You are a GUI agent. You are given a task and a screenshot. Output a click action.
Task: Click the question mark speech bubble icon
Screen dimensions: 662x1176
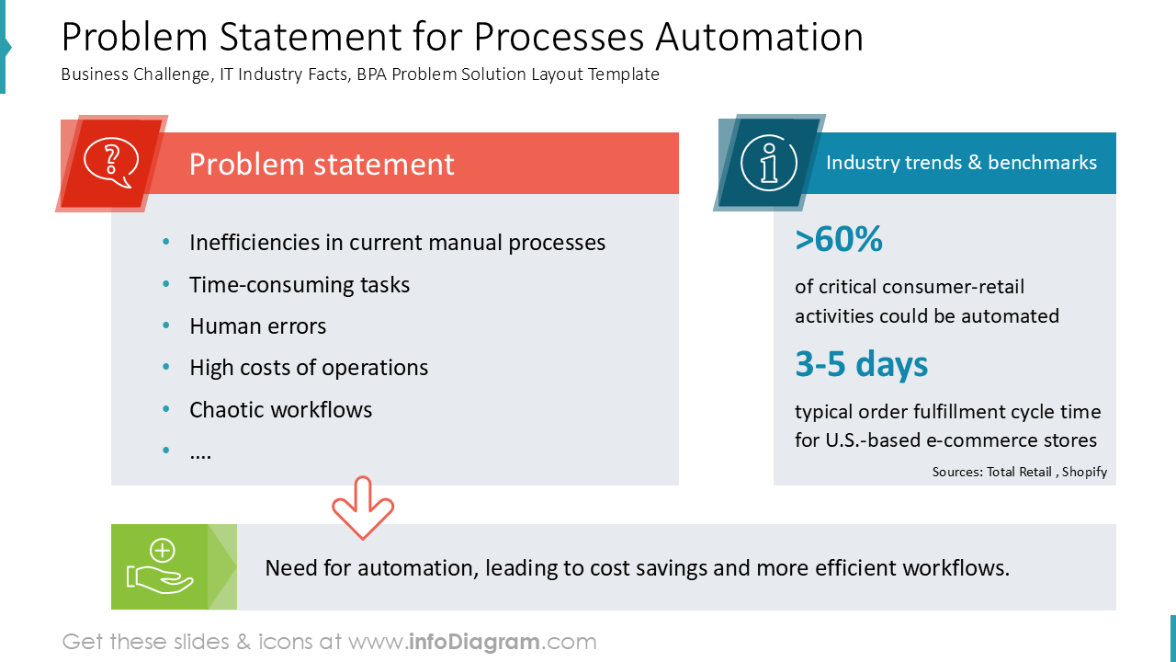(110, 164)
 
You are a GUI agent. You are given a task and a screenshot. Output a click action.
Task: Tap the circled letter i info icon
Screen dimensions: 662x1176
(768, 164)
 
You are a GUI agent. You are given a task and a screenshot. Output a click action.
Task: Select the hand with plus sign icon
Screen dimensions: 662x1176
(161, 566)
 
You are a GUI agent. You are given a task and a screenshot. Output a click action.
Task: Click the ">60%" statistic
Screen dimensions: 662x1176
(839, 239)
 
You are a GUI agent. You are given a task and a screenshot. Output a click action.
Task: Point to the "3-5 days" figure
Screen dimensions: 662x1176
(861, 364)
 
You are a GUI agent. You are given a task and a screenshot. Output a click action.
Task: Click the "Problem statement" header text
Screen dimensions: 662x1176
(322, 164)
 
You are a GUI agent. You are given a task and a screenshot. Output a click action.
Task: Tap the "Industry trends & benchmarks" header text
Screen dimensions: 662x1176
(961, 163)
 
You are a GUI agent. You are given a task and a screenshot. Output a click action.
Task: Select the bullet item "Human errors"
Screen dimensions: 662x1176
(257, 326)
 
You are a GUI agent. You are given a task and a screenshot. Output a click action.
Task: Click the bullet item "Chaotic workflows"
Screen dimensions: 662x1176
(280, 409)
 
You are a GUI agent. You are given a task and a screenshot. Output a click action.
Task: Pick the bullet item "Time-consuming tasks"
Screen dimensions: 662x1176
(300, 285)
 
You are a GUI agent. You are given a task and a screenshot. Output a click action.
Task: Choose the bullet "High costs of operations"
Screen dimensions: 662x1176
(309, 368)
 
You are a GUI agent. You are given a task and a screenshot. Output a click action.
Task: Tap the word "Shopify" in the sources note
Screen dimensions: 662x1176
(1084, 472)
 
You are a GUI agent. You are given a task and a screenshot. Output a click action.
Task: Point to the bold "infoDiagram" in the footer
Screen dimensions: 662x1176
(474, 642)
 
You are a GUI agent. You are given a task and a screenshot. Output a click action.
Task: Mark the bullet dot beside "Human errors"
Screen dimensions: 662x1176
(166, 326)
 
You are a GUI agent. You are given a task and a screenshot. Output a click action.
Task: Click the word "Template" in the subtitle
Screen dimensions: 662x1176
(625, 74)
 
